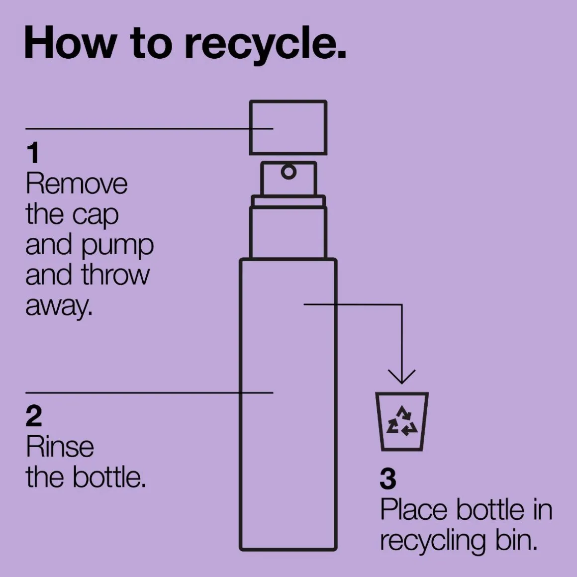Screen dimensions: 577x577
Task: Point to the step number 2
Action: click(34, 416)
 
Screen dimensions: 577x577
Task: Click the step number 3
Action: click(388, 479)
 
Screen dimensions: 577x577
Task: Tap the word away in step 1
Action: click(59, 306)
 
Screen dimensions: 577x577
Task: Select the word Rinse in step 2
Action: click(60, 447)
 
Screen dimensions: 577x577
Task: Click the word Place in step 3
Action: click(414, 509)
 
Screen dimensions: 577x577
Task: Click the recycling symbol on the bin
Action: click(402, 421)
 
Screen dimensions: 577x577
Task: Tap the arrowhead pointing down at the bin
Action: click(402, 377)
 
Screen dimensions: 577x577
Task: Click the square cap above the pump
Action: click(288, 127)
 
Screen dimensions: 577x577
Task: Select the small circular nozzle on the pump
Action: click(289, 172)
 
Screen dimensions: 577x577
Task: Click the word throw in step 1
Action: click(115, 275)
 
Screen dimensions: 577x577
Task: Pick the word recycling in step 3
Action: click(432, 541)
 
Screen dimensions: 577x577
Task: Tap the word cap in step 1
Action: click(95, 216)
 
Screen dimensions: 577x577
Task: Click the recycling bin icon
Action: click(402, 421)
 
